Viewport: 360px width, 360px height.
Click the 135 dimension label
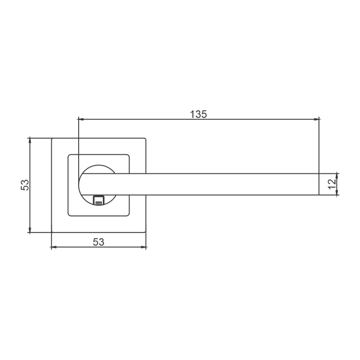coord(198,114)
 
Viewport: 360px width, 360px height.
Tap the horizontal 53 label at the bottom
coord(98,242)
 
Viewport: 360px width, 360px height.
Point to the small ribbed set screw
coord(98,200)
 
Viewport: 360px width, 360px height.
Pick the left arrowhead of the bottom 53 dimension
coord(54,248)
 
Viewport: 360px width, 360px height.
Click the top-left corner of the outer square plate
coord(51,138)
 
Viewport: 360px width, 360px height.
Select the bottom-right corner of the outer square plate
coord(146,232)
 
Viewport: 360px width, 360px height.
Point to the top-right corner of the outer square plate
coord(146,138)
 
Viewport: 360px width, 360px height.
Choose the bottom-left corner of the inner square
coord(68,215)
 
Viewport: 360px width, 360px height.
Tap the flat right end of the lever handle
coord(319,184)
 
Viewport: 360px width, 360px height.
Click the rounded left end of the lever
coord(80,185)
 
